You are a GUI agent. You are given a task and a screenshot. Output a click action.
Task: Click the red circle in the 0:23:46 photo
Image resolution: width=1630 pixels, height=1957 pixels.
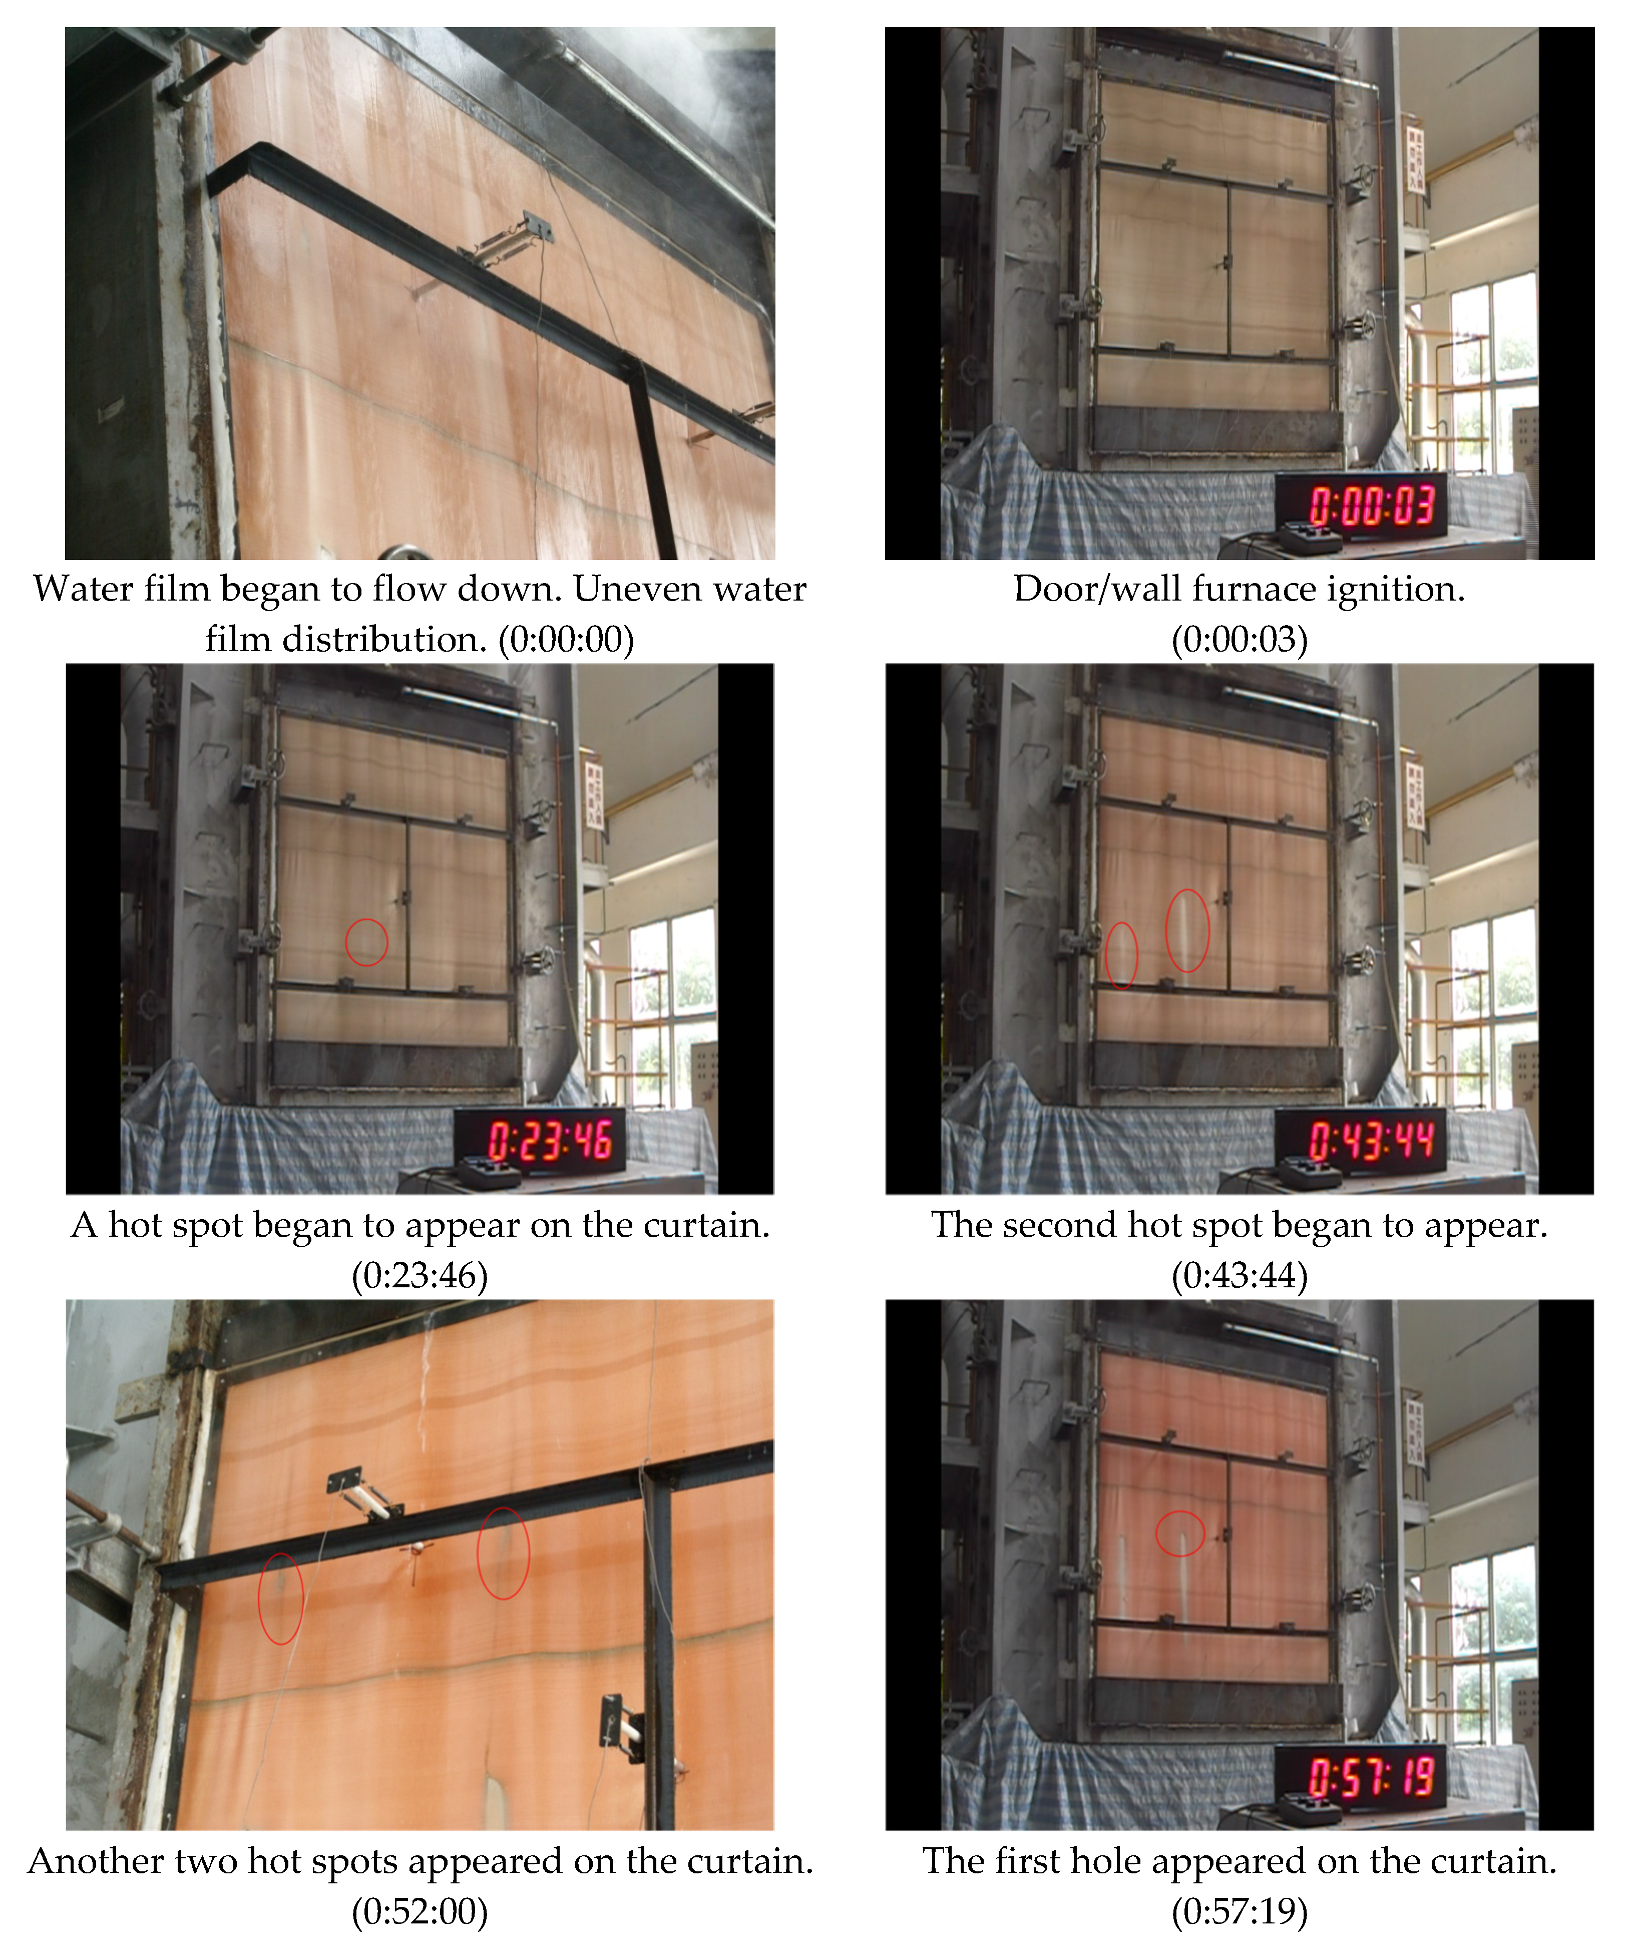pyautogui.click(x=366, y=942)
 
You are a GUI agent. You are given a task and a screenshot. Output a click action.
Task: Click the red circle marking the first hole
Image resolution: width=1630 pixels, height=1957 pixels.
pyautogui.click(x=1179, y=1533)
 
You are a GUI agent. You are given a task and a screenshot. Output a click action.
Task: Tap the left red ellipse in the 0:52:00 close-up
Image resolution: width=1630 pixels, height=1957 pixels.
pyautogui.click(x=280, y=1598)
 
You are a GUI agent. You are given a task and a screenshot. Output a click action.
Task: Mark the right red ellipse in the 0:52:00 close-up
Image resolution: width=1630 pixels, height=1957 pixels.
pyautogui.click(x=503, y=1553)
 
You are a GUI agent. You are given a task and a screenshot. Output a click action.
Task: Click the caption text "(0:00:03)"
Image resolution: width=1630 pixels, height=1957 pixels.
pyautogui.click(x=1239, y=639)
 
